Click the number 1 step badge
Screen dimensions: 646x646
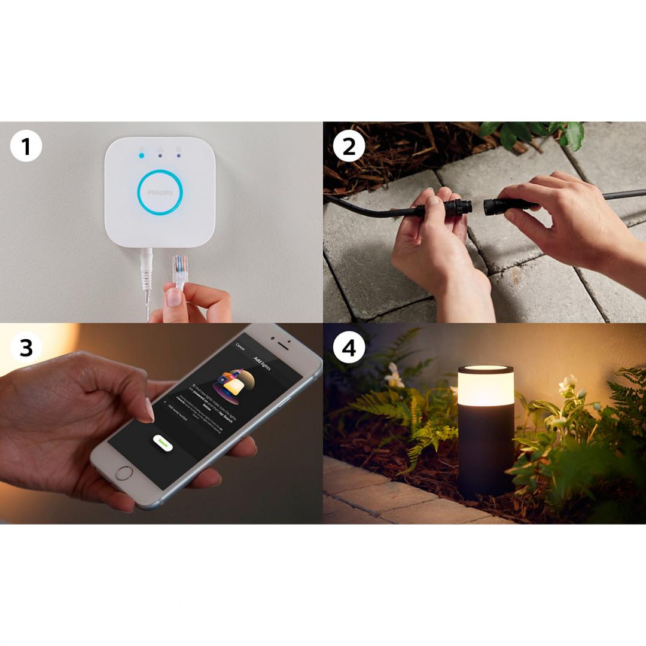[x=26, y=146]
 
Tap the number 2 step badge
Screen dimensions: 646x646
[x=348, y=146]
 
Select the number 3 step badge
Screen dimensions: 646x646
[x=26, y=348]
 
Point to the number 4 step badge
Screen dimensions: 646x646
[x=348, y=348]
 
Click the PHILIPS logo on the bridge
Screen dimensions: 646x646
[x=160, y=193]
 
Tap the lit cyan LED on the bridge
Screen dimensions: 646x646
[x=141, y=156]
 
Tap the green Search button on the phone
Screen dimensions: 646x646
[x=162, y=443]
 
